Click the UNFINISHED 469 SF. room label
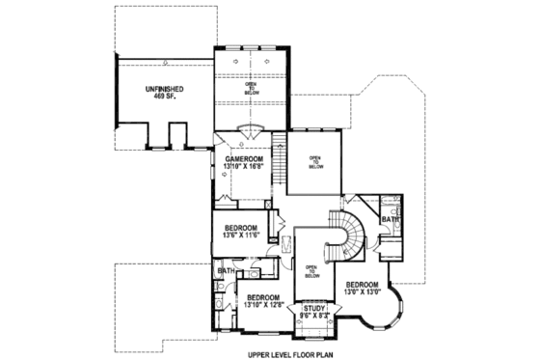tap(166, 94)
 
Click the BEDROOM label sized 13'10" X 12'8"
tap(262, 296)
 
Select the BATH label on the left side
tap(226, 271)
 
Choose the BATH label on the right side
tap(390, 220)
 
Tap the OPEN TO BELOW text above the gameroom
tap(250, 89)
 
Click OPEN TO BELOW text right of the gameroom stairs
tap(315, 161)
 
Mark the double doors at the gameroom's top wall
tap(250, 132)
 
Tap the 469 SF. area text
tap(166, 98)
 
